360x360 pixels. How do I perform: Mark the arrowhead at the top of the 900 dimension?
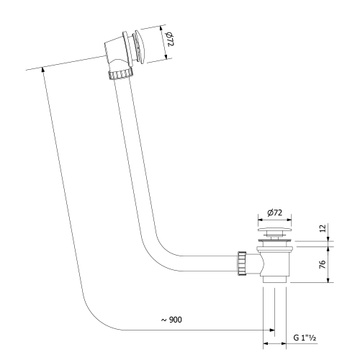[43, 68]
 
